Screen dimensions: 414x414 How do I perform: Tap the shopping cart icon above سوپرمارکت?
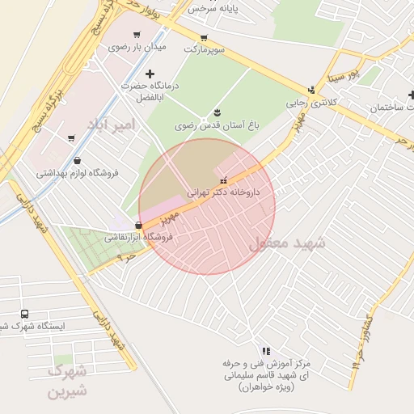(204, 37)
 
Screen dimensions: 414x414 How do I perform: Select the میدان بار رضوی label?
(137, 47)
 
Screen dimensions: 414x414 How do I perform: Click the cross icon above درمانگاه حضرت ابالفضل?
(149, 74)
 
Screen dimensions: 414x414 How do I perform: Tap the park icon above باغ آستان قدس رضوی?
(217, 112)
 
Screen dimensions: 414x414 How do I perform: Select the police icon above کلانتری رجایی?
(311, 90)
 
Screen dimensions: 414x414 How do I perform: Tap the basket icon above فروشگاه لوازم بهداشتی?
(77, 160)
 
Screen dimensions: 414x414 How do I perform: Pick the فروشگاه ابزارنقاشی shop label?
(139, 238)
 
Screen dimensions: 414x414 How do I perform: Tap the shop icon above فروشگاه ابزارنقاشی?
(139, 225)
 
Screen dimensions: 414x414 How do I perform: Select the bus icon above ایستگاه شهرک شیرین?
(23, 314)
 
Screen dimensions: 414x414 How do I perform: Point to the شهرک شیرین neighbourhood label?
(67, 381)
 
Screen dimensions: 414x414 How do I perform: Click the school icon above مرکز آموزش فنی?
(265, 351)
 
